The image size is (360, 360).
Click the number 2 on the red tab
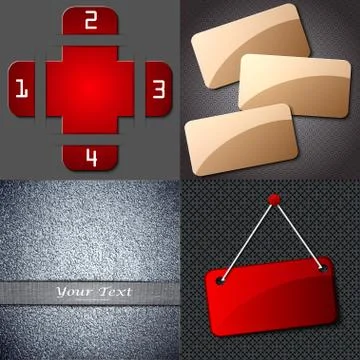point(90,20)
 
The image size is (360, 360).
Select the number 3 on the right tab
point(158,87)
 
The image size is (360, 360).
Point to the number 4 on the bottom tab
point(91,156)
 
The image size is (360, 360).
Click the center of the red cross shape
point(90,88)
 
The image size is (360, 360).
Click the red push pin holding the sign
point(272,200)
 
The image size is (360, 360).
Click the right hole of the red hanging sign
point(323,268)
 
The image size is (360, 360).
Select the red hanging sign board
point(270,300)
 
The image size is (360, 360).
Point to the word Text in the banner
point(116,292)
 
